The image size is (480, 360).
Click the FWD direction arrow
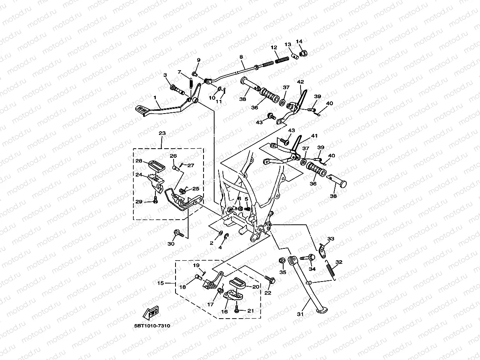click(151, 312)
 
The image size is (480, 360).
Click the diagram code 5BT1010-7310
click(152, 326)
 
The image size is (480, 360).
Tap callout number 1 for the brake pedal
click(155, 97)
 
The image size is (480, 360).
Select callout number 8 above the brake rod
click(241, 57)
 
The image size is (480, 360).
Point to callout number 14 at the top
click(299, 41)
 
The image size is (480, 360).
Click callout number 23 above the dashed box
click(162, 133)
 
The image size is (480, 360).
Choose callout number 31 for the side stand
click(300, 314)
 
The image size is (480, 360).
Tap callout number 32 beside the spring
click(339, 262)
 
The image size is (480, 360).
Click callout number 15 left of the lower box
click(161, 283)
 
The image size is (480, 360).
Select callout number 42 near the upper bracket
click(301, 82)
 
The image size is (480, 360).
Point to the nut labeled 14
click(303, 53)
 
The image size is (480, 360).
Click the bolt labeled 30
click(179, 233)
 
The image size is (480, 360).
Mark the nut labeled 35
click(282, 260)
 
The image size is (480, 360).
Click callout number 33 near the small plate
click(331, 239)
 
